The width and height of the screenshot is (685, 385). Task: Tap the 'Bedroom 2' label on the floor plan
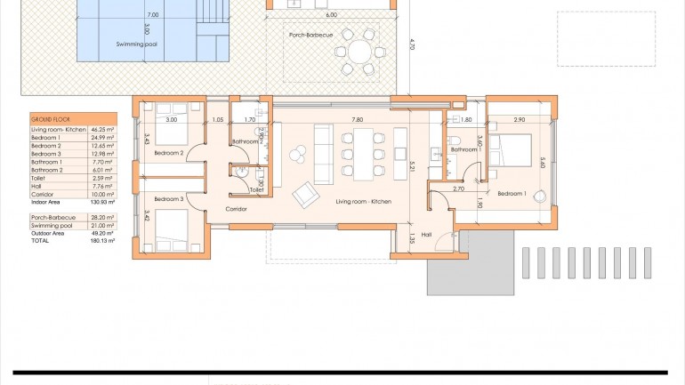[x=168, y=153]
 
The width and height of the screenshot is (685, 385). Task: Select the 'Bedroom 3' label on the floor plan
[x=168, y=199]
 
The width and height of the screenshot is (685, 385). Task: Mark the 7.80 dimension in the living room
[x=357, y=119]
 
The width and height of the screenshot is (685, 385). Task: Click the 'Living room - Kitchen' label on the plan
[x=364, y=202]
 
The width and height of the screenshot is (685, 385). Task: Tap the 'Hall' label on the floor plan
[x=426, y=235]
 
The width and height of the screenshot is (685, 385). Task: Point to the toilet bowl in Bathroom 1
[x=453, y=139]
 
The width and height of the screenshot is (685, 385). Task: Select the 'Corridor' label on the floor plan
[x=236, y=209]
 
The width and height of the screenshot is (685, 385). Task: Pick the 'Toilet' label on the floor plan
[x=256, y=189]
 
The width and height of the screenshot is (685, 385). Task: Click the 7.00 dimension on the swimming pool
[x=153, y=15]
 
